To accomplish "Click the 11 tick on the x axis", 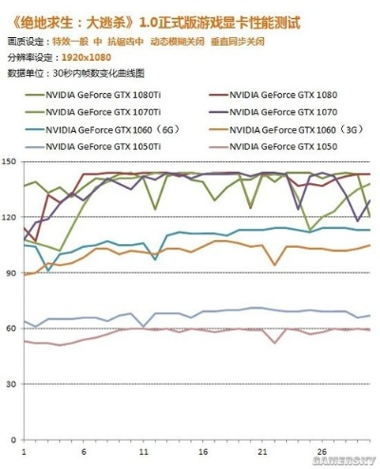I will tap(142, 450).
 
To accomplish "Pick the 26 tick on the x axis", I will tap(322, 450).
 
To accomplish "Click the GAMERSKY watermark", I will tap(347, 461).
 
